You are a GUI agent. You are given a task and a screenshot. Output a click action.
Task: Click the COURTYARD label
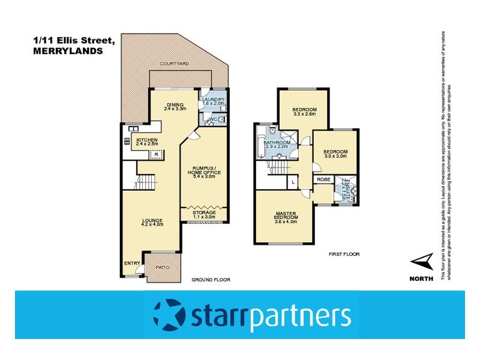click(x=175, y=63)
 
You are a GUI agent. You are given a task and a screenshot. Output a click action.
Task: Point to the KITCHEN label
click(x=147, y=140)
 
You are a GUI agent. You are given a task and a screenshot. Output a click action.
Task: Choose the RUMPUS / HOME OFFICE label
click(x=205, y=170)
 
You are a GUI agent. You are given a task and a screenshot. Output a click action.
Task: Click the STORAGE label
click(x=205, y=212)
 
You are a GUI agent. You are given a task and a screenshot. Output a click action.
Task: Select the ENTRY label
click(x=131, y=263)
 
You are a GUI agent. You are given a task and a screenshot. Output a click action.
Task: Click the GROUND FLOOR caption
click(x=211, y=280)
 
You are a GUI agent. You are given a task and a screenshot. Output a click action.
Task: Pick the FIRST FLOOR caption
click(x=344, y=254)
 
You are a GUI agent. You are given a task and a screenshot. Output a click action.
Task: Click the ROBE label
click(x=323, y=179)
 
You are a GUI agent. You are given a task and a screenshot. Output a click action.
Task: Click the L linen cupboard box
click(x=292, y=182)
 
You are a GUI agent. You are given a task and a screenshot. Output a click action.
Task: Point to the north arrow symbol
click(x=424, y=261)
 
